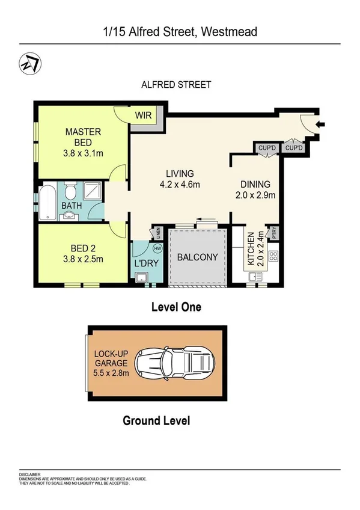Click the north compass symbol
pos(28,62)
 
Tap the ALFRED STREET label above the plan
pos(176,85)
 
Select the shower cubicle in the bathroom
pos(93,192)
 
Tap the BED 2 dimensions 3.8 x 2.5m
pos(83,259)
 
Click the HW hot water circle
pos(157,248)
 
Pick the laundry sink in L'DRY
pos(142,277)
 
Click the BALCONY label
pos(198,257)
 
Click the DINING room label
pos(255,185)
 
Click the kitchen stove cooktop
pos(272,256)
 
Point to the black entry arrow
pos(321,125)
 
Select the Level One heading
pos(175,307)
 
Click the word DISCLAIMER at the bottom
pos(29,474)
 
